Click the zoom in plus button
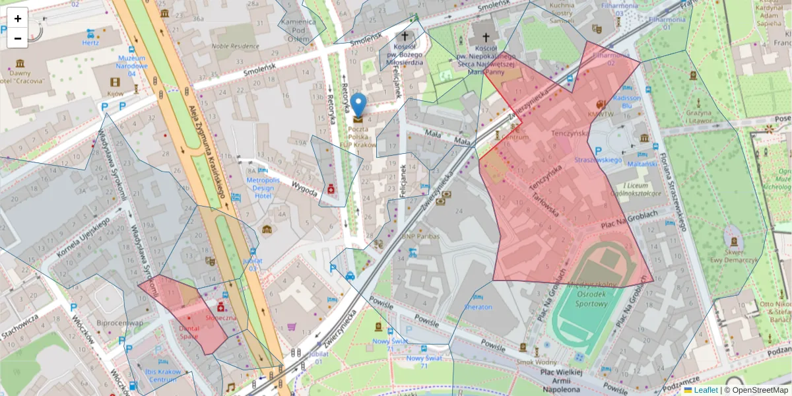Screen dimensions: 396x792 pos(18,18)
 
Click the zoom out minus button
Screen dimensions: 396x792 pos(18,38)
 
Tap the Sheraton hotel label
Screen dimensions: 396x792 pos(478,307)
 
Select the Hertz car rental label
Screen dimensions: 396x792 pos(90,43)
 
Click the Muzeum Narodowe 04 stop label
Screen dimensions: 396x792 pos(131,66)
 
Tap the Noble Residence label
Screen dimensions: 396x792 pos(236,46)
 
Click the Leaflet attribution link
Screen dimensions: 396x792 pos(706,390)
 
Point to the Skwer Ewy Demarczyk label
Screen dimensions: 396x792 pos(738,256)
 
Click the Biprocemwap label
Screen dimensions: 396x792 pos(119,323)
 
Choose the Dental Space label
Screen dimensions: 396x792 pos(189,332)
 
